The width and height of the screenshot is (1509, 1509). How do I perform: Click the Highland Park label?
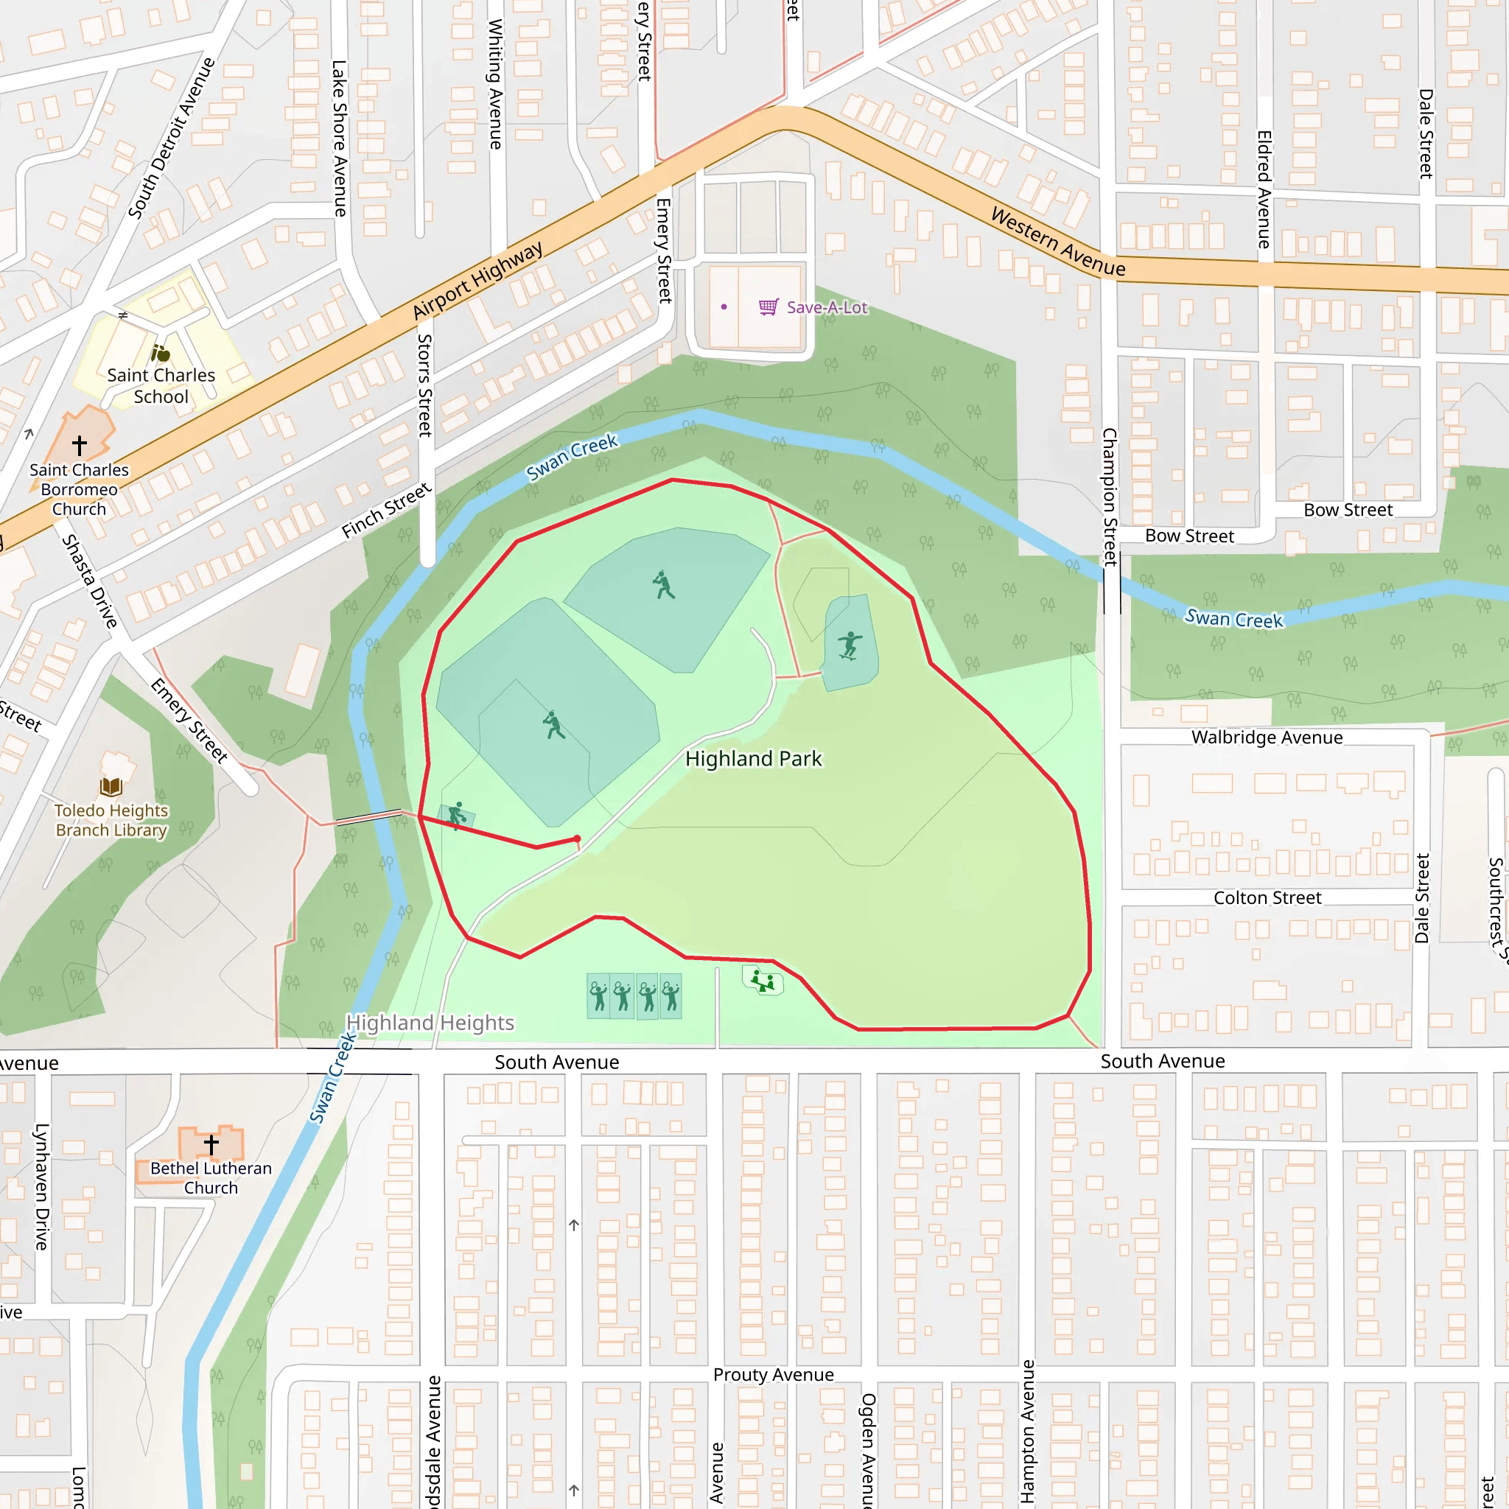tap(753, 758)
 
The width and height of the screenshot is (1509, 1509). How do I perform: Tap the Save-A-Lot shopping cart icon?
tap(768, 307)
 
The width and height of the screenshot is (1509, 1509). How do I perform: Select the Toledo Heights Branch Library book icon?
tap(111, 786)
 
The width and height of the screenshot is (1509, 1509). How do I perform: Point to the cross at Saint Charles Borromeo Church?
tap(80, 445)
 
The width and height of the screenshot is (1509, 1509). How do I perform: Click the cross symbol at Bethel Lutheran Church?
tap(211, 1144)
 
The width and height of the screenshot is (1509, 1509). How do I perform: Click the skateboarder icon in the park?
tap(849, 646)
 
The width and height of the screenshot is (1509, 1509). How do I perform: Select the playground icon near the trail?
tap(763, 980)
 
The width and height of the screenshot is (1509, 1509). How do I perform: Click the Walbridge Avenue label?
tap(1267, 738)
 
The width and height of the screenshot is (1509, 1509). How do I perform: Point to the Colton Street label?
tap(1267, 897)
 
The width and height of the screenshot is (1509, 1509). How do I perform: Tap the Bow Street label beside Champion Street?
tap(1188, 536)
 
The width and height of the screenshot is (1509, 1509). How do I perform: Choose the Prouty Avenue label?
tap(773, 1375)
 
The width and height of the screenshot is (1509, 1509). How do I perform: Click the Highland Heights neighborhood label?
tap(430, 1023)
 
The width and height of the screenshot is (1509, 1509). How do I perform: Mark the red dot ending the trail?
tap(577, 838)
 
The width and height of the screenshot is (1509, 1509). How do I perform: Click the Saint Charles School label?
tap(161, 386)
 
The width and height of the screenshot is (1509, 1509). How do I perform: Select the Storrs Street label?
tap(425, 385)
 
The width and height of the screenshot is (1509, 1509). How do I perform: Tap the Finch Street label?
tap(387, 510)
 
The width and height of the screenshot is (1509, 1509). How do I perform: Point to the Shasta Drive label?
tap(90, 581)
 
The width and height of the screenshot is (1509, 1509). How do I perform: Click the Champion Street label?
tap(1109, 497)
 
